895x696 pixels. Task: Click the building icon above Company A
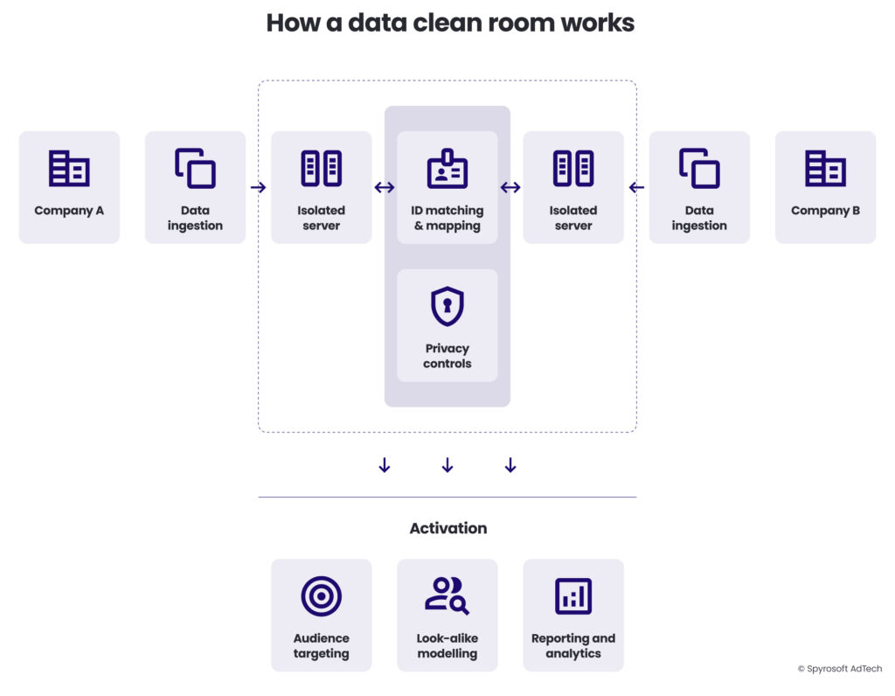(x=69, y=168)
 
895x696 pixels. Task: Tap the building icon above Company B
(x=825, y=168)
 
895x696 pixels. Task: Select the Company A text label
(x=69, y=211)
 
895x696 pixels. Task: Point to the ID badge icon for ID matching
(x=447, y=169)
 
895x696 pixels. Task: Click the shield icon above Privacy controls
(x=447, y=307)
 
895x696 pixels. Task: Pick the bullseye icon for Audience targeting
(x=321, y=596)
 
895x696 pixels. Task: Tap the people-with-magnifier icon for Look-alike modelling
(x=447, y=596)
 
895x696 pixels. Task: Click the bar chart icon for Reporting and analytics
(x=573, y=596)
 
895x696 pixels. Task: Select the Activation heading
(x=447, y=528)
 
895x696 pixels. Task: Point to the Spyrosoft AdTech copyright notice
(x=840, y=669)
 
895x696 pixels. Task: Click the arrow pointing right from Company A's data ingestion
(x=258, y=187)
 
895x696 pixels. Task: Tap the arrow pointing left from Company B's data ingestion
(x=636, y=187)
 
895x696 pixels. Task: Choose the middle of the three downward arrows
(x=447, y=465)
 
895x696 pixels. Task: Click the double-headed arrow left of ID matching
(x=385, y=187)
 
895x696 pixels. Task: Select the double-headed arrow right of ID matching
(x=510, y=187)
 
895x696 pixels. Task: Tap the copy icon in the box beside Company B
(x=699, y=168)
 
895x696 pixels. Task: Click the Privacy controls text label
(x=447, y=356)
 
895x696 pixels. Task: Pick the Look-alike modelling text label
(x=447, y=646)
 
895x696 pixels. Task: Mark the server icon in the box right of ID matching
(x=573, y=168)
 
